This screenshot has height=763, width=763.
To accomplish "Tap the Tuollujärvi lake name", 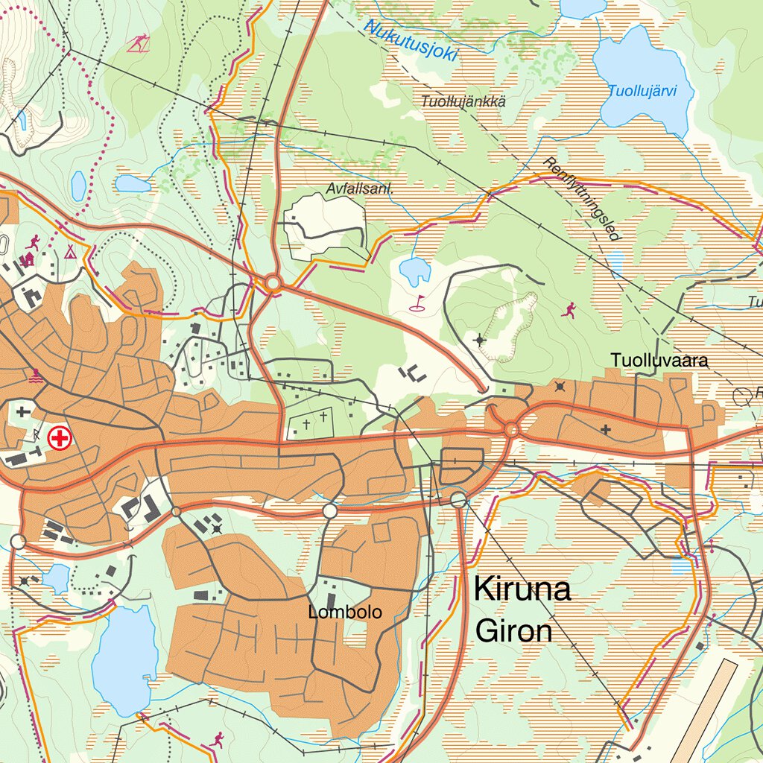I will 642,92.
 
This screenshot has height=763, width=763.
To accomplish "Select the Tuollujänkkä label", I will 463,101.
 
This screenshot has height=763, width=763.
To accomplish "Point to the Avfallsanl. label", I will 359,189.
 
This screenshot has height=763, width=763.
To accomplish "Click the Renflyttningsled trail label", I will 581,199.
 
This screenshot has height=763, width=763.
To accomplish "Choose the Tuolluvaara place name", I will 659,361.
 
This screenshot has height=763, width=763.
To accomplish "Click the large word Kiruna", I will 522,589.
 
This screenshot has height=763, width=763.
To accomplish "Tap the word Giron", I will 514,631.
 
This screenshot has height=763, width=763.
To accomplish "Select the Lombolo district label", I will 345,612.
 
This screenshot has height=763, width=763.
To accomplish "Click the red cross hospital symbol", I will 59,438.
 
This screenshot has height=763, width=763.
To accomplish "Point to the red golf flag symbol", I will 419,303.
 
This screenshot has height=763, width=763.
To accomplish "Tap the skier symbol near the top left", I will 136,44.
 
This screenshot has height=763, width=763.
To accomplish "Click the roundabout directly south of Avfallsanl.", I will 273,283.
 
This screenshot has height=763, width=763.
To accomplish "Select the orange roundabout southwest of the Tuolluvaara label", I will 511,429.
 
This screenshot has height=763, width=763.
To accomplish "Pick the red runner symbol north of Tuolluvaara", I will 569,308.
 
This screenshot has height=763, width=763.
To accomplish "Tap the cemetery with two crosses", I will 314,422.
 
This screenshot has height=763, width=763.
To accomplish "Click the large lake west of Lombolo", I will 124,661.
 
